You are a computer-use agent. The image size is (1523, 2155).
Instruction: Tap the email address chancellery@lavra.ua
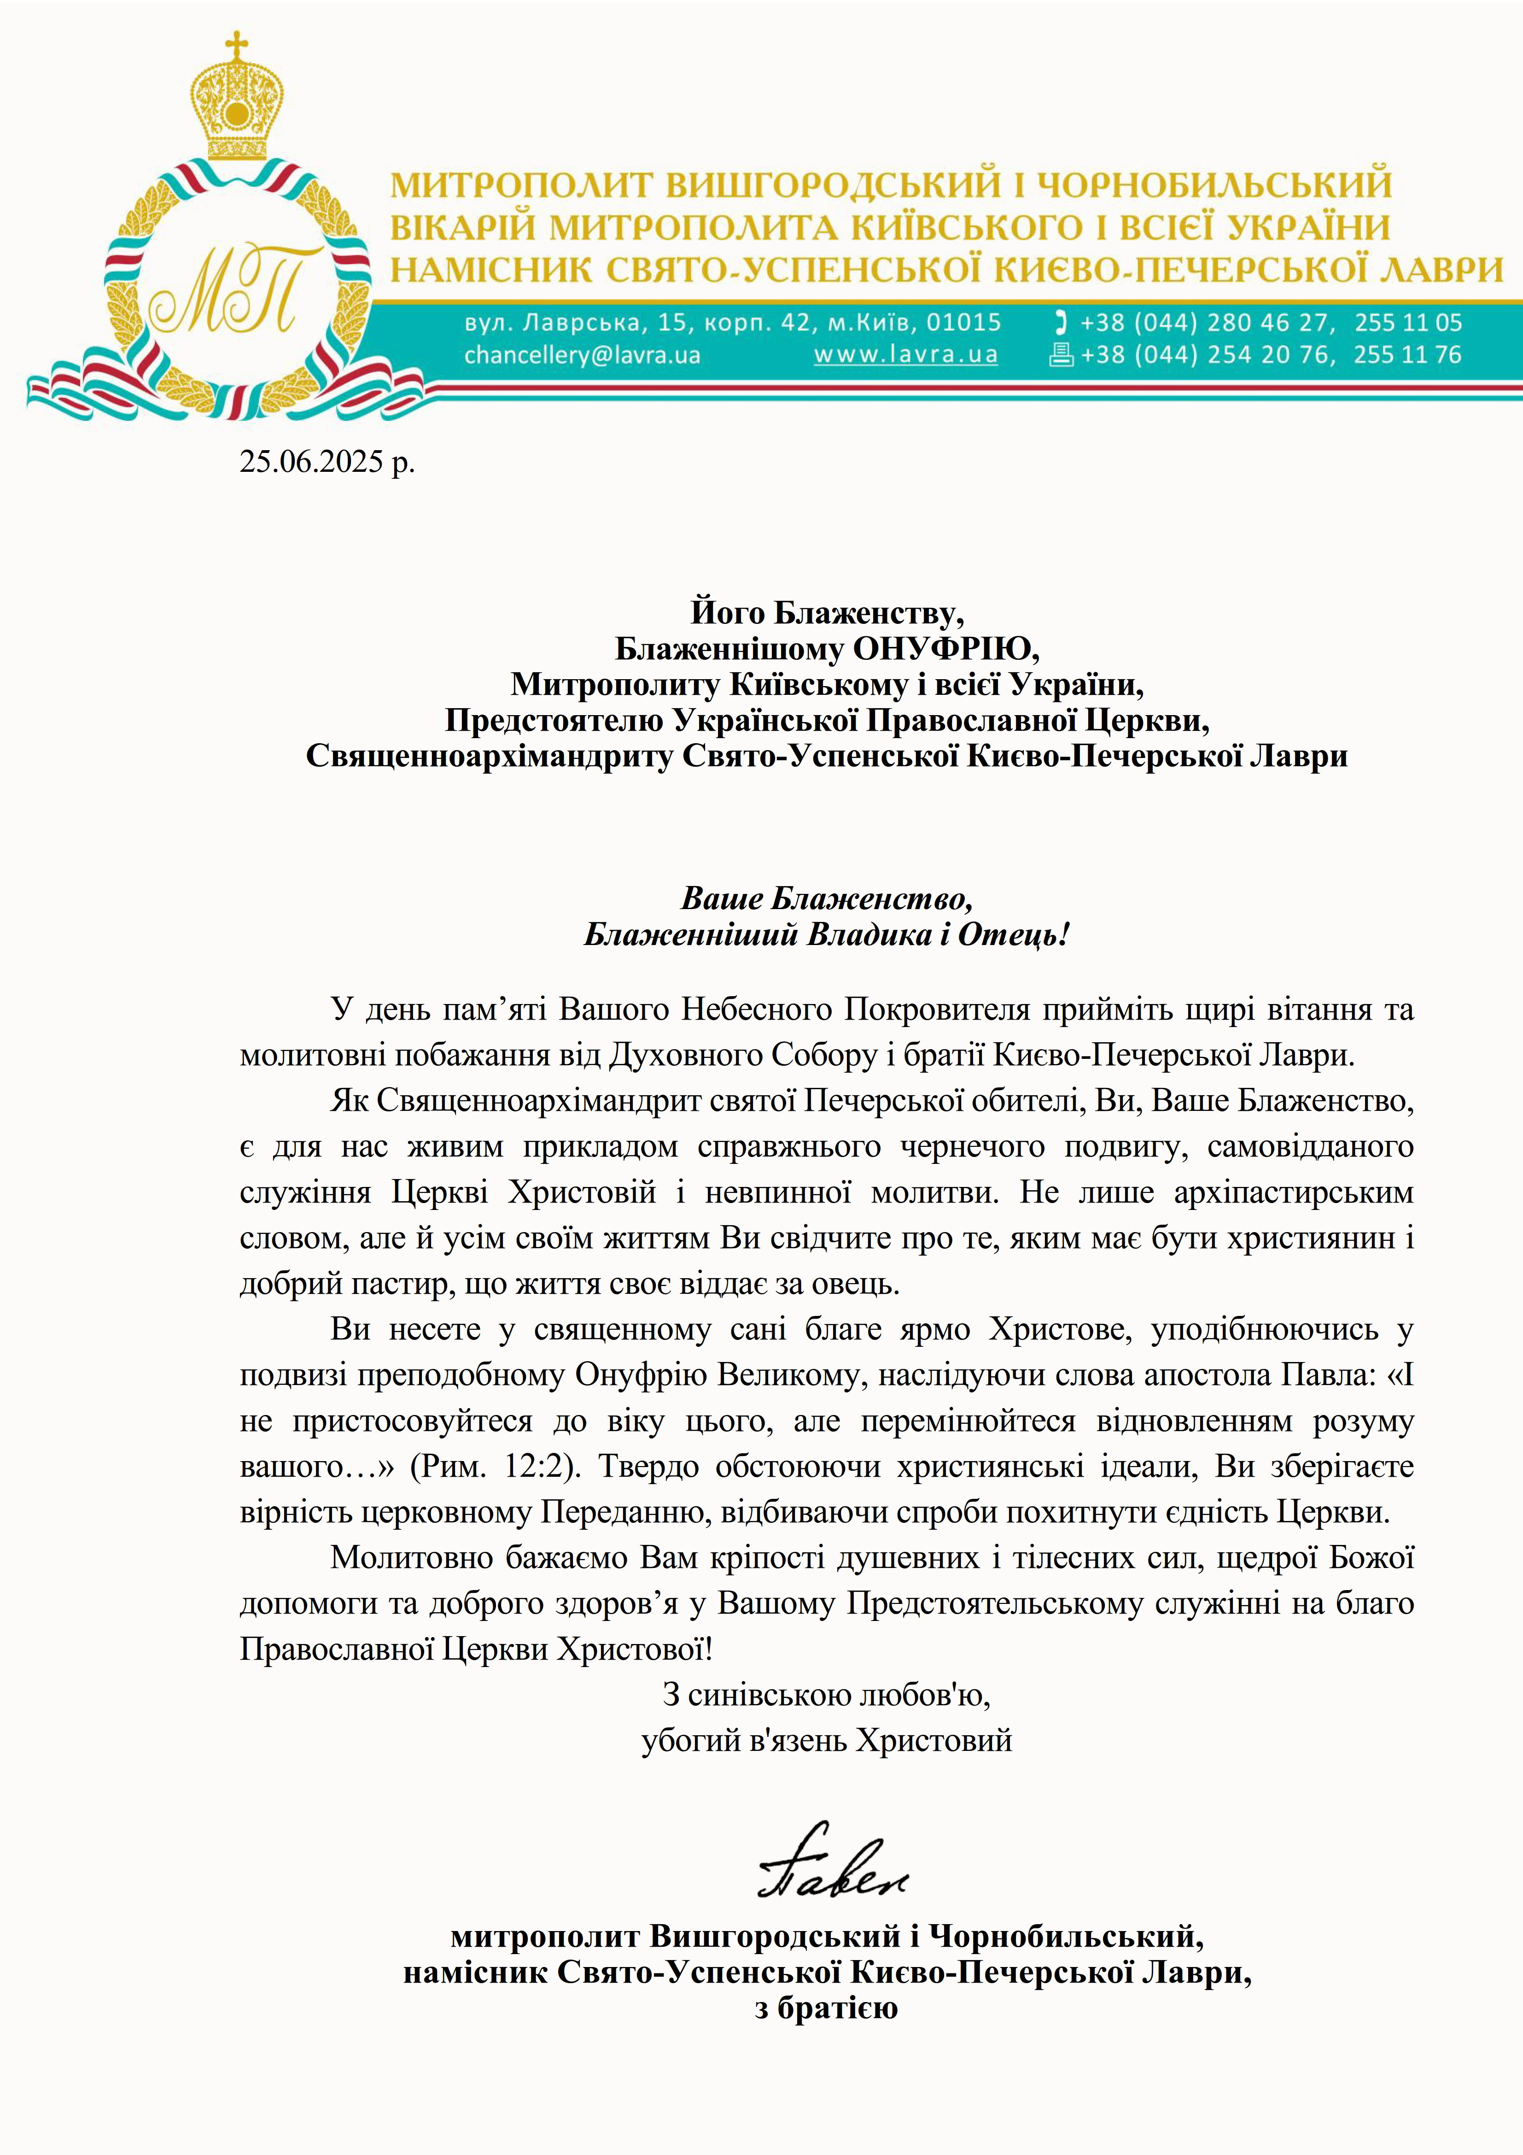pos(582,355)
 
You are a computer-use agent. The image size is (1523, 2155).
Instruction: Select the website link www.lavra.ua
pos(905,355)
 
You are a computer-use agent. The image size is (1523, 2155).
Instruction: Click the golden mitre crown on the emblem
pos(238,108)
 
